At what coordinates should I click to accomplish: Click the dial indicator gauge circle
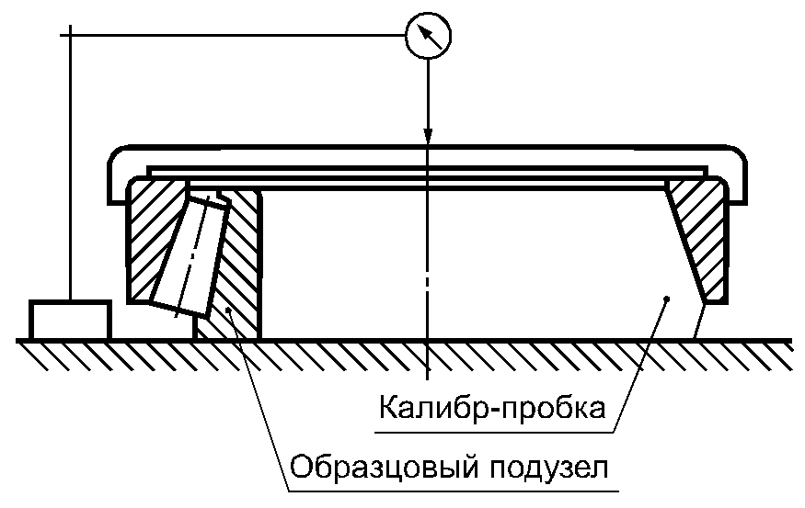[x=429, y=36]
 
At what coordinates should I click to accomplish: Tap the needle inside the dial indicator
[x=429, y=36]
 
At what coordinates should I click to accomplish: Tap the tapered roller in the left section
[x=194, y=253]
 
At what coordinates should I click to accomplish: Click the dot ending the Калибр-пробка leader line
[x=667, y=299]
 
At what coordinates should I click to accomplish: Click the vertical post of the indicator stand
[x=70, y=165]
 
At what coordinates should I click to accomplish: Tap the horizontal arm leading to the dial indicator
[x=239, y=36]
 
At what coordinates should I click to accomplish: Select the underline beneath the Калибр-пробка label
[x=492, y=424]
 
